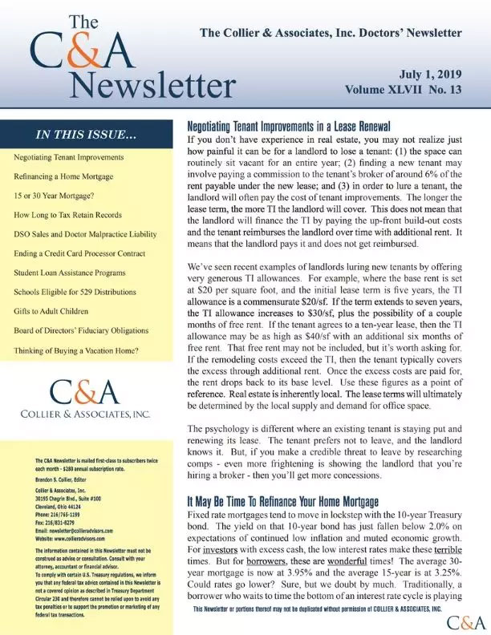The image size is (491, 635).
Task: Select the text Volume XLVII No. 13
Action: pos(404,91)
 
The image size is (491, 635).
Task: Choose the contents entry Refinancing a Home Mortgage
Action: pos(63,176)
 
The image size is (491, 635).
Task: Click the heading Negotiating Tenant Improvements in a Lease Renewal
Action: pos(288,127)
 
